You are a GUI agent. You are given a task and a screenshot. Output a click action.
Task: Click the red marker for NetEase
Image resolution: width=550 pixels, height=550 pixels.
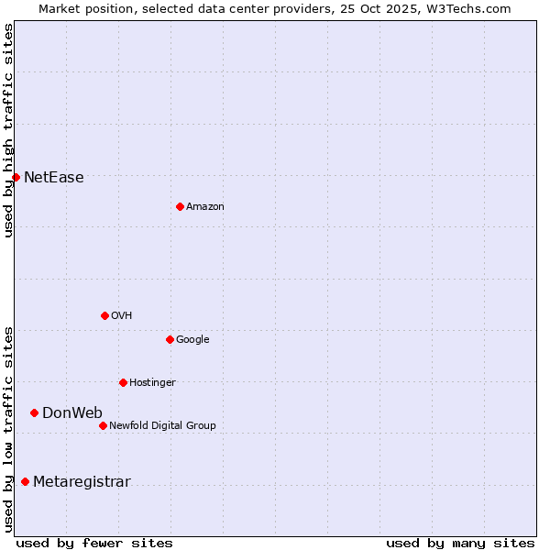16,177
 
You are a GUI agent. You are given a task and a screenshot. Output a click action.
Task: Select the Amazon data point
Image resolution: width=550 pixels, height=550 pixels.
180,206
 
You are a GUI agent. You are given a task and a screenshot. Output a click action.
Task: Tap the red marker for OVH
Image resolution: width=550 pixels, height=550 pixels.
104,315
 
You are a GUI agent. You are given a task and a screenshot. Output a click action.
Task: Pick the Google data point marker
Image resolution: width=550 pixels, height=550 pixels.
170,339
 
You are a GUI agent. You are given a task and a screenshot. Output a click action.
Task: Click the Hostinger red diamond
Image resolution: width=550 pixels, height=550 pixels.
123,382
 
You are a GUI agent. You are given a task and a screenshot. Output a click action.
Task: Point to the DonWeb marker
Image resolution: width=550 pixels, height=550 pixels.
34,412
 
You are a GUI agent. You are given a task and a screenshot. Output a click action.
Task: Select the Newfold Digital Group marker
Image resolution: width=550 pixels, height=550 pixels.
103,425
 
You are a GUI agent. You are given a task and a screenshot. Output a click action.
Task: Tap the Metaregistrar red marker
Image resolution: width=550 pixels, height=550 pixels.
25,482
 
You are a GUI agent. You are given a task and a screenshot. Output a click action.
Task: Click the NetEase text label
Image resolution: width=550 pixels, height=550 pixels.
54,178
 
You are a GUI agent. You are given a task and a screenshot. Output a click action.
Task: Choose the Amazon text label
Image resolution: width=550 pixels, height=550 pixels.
205,207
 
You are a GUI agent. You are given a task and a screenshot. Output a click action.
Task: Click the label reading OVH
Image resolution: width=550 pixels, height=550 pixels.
122,316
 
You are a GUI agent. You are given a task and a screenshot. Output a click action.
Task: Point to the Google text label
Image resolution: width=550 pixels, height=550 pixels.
192,340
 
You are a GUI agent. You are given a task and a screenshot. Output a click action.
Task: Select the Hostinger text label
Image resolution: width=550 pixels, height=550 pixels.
152,383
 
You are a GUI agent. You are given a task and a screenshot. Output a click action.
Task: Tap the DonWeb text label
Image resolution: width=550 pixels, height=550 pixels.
72,413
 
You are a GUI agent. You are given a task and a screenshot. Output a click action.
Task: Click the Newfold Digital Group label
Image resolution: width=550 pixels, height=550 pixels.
162,426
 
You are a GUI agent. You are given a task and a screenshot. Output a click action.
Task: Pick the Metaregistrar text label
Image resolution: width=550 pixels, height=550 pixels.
82,483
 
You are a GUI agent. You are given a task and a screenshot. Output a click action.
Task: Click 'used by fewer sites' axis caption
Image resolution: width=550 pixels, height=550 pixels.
94,543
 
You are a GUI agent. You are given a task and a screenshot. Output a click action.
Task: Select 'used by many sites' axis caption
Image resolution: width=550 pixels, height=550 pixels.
460,543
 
